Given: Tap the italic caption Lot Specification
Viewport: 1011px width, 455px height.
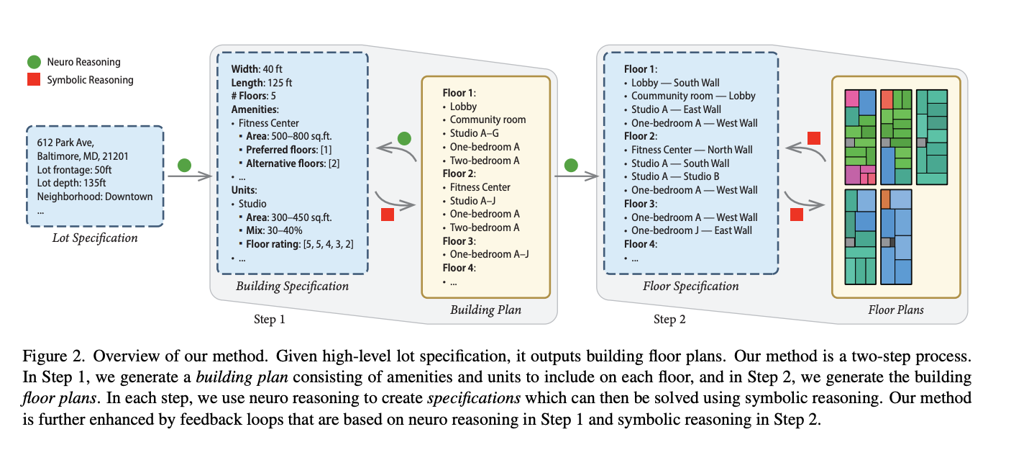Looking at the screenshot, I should point(95,238).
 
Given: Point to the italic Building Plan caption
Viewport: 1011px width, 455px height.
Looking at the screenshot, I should point(485,310).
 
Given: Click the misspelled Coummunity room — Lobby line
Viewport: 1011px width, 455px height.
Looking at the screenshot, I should point(693,96).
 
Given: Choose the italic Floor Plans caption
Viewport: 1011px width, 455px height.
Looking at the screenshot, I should point(895,310).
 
